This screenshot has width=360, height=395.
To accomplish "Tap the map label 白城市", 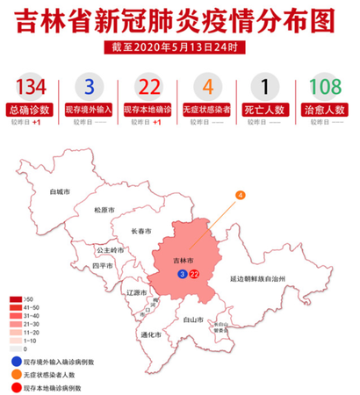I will [61, 190].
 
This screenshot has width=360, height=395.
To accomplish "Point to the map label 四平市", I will [103, 264].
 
